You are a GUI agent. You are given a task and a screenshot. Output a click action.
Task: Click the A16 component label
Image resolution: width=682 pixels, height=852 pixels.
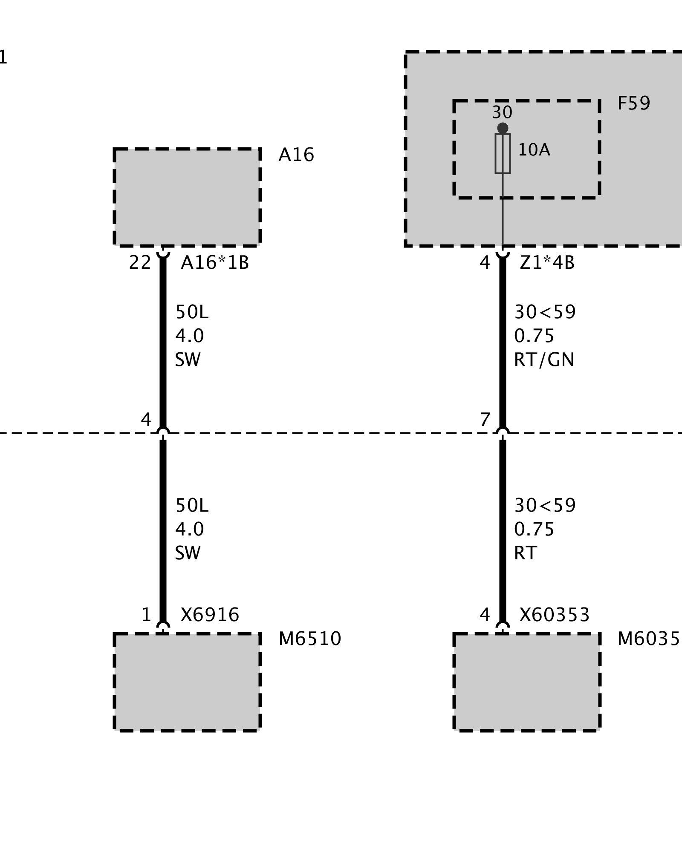pos(296,155)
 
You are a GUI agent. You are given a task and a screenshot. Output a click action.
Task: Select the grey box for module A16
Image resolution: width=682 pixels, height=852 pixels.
pos(187,197)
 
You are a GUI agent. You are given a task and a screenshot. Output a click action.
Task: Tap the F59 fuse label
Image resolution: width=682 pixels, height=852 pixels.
pos(633,104)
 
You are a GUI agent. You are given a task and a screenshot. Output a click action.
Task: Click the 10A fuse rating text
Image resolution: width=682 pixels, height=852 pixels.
pos(534,150)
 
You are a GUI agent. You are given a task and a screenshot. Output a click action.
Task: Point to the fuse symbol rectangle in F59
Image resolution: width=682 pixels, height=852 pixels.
pos(503,153)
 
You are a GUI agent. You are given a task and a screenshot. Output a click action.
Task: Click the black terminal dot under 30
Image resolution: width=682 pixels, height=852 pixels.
pos(503,128)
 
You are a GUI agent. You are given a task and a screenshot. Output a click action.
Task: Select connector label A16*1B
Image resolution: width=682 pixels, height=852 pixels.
pos(214,263)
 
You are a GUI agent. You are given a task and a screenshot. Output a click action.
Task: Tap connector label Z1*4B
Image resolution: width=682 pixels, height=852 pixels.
pos(547,263)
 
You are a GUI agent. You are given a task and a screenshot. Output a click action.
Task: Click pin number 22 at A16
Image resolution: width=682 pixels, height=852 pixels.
pos(140,263)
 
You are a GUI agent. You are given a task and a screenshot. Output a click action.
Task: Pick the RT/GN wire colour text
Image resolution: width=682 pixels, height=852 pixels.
pos(544,360)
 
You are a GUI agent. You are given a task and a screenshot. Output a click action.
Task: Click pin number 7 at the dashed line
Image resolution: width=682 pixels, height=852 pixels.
pos(485,420)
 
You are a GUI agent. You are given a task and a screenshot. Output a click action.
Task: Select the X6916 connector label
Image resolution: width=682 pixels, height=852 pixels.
pos(210,615)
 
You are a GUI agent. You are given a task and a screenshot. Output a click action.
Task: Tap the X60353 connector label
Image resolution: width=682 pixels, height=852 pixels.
pos(554,615)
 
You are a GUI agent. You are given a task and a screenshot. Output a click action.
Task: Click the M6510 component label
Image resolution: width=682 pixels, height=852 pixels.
pos(310,639)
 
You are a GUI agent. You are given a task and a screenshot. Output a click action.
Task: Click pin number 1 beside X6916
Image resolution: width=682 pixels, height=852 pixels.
pos(146,615)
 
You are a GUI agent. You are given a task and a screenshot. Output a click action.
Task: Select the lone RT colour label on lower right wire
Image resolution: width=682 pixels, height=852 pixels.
pos(525,553)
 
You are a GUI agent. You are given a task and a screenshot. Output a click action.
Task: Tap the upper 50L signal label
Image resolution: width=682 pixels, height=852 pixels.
pos(192,313)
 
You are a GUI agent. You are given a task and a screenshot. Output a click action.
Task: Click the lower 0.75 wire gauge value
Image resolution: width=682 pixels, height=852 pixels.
pos(534,530)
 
